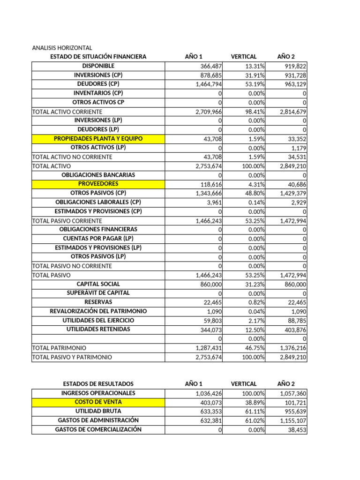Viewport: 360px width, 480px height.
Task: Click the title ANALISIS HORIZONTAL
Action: (x=62, y=48)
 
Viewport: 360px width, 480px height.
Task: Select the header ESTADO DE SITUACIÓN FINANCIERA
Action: (x=98, y=57)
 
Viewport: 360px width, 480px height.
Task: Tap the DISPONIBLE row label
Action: (x=98, y=66)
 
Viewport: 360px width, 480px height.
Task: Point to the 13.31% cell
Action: (x=254, y=66)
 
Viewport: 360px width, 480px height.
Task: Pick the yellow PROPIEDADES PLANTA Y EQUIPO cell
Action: (x=98, y=139)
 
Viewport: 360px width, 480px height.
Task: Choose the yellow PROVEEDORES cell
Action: (x=98, y=184)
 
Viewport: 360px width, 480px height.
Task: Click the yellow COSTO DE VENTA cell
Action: (x=98, y=402)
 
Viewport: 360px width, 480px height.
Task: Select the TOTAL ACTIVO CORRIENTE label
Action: (x=67, y=112)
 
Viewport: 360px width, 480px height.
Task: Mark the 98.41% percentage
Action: (x=254, y=112)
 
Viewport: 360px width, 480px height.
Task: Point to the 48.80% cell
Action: (x=254, y=193)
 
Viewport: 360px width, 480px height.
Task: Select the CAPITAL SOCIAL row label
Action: (x=98, y=284)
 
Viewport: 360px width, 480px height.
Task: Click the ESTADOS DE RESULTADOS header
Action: (x=98, y=384)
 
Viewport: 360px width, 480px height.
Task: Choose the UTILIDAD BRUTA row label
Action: (x=98, y=411)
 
